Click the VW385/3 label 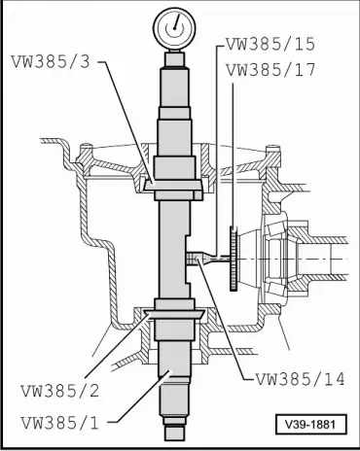[x=51, y=61]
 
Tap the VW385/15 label [x=270, y=44]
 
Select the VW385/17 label [x=270, y=70]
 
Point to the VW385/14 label [x=300, y=379]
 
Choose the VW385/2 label [x=60, y=391]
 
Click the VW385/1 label [x=60, y=423]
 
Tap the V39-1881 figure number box [x=311, y=424]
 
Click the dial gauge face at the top [x=175, y=28]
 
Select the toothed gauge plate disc [x=234, y=259]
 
